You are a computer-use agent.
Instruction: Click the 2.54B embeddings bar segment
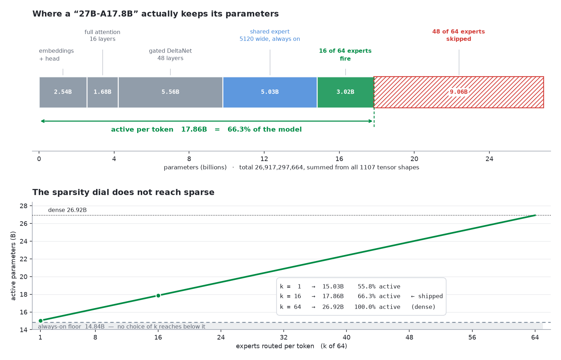coord(63,92)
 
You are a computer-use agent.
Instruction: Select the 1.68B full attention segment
coord(102,92)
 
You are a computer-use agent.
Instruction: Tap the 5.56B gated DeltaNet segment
coord(170,92)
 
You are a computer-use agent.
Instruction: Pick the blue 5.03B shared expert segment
coord(270,92)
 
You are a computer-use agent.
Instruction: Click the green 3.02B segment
coord(346,92)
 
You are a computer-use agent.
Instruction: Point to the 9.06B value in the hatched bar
coord(459,92)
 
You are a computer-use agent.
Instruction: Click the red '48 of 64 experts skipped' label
coord(459,35)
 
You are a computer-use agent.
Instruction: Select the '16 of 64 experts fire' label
coord(345,55)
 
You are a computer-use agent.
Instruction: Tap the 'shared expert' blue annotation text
coord(270,32)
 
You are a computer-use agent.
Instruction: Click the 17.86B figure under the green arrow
coord(194,129)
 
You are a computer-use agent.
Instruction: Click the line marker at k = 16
coord(158,295)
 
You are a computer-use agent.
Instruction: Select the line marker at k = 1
coord(40,321)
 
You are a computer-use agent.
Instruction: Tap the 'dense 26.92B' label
coord(67,210)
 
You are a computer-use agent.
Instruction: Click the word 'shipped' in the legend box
coord(430,297)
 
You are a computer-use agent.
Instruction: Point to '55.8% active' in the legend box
coord(379,286)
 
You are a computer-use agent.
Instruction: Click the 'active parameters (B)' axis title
coord(13,266)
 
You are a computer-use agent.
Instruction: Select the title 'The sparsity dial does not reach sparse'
coord(123,192)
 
